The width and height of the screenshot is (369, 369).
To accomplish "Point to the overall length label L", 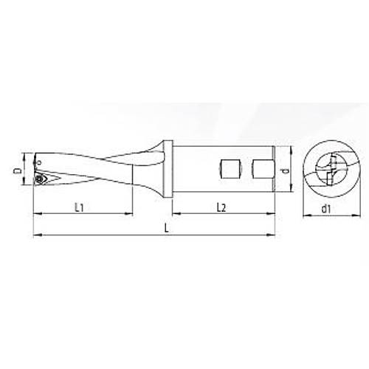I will (x=168, y=230).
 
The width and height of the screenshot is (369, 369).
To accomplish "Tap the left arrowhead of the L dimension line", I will (x=36, y=236).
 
